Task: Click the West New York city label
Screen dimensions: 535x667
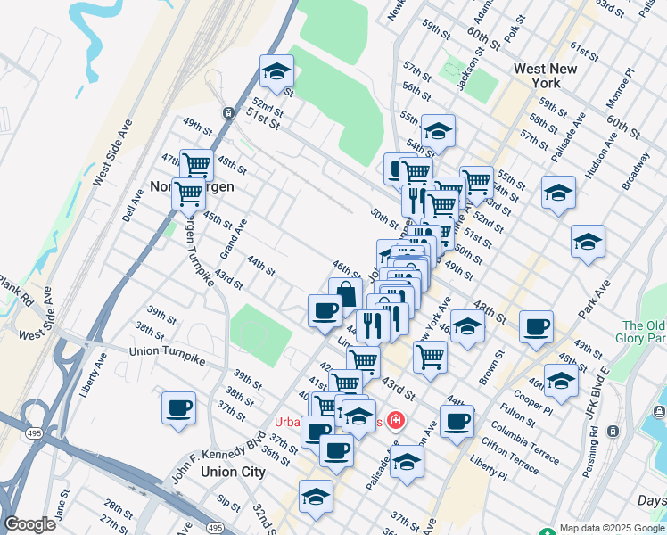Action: pyautogui.click(x=537, y=75)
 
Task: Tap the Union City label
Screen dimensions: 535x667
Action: pyautogui.click(x=233, y=472)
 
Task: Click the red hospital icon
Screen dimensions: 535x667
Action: pyautogui.click(x=395, y=420)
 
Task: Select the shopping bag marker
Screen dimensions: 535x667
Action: pyautogui.click(x=346, y=293)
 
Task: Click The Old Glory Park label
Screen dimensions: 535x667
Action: pyautogui.click(x=644, y=332)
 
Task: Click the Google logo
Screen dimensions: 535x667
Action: pyautogui.click(x=29, y=524)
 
